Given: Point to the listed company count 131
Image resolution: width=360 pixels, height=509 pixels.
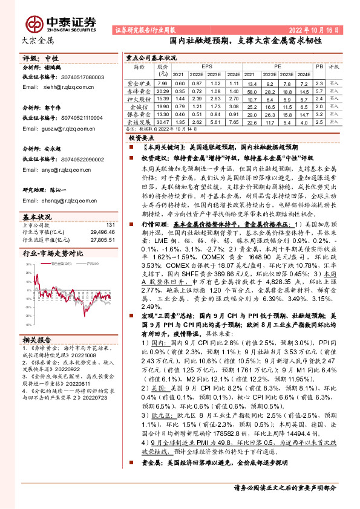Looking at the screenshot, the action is (110, 225).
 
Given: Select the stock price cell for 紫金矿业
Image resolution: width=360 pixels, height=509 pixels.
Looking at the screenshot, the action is (162, 83).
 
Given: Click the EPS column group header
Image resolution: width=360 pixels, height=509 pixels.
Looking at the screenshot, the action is (207, 66).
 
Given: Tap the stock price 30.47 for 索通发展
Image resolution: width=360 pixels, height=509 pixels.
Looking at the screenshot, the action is (162, 122).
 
